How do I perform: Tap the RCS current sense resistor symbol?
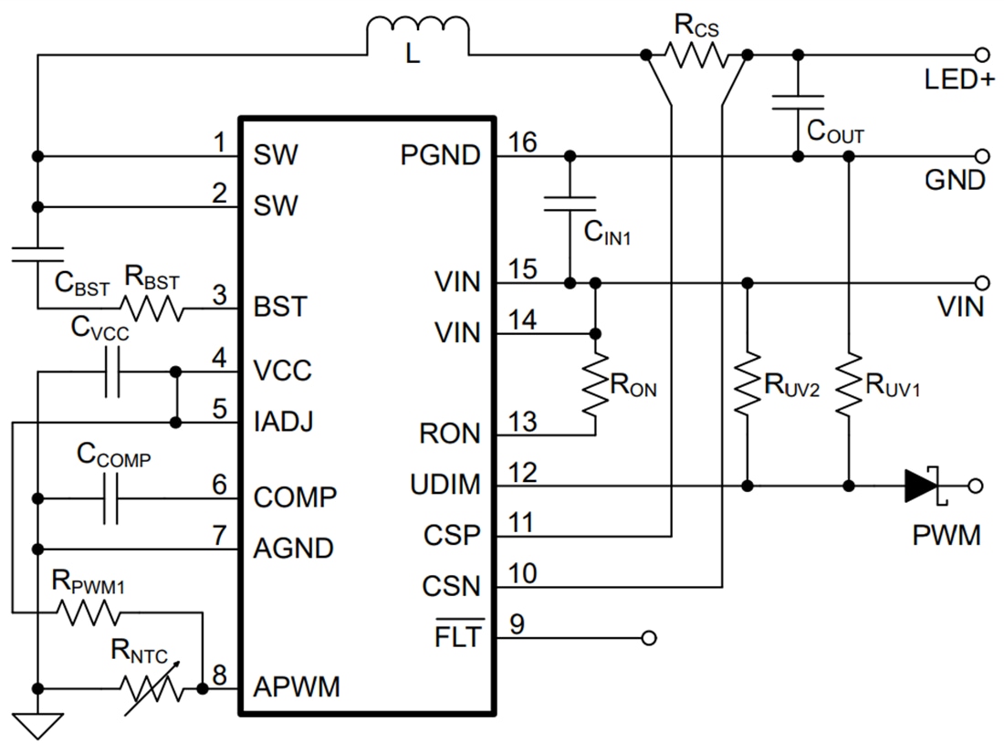[696, 56]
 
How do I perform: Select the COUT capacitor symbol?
[798, 101]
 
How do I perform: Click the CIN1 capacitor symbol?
[570, 204]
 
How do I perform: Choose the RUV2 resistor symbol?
[748, 384]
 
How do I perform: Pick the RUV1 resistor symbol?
[849, 384]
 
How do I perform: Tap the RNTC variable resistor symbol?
[151, 686]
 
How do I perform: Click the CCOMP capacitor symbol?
[111, 498]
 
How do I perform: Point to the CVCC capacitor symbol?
[111, 372]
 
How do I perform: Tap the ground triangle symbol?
[38, 726]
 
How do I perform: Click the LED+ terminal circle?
[982, 56]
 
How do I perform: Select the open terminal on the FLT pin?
[649, 636]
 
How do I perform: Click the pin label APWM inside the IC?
[297, 686]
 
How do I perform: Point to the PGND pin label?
[440, 156]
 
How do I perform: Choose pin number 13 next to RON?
[523, 422]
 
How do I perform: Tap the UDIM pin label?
[444, 485]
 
